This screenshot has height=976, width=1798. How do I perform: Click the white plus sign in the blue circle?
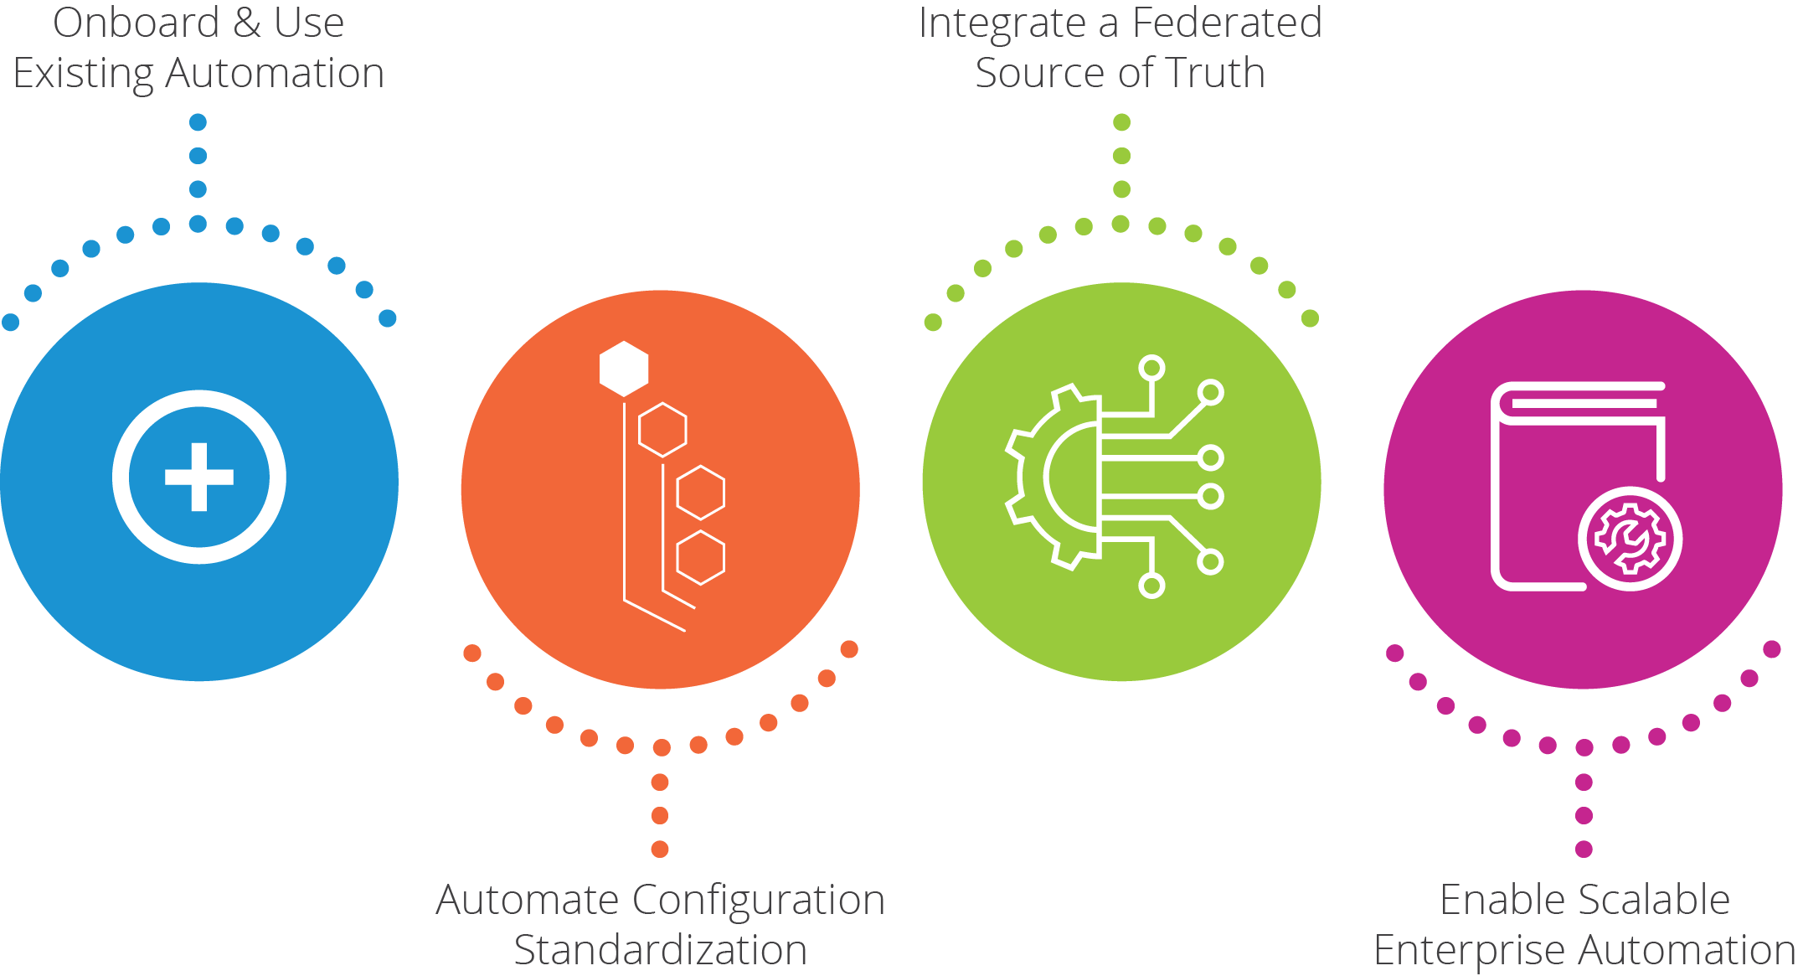199,478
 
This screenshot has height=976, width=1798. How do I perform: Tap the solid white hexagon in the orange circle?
624,369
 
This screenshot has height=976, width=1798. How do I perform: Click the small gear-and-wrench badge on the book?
1630,539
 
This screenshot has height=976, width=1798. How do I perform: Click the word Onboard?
137,23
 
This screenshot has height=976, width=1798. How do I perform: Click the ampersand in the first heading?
247,23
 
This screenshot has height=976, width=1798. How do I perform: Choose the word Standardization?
660,951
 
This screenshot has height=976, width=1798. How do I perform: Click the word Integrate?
1002,23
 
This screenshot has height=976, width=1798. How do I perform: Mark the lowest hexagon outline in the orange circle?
700,557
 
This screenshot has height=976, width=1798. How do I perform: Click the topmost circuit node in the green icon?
1152,368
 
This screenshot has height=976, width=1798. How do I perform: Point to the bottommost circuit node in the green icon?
1151,586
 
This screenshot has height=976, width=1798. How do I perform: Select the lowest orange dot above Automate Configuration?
660,849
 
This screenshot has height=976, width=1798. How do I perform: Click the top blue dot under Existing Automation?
198,122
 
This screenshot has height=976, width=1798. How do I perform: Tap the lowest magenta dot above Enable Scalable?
1584,849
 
